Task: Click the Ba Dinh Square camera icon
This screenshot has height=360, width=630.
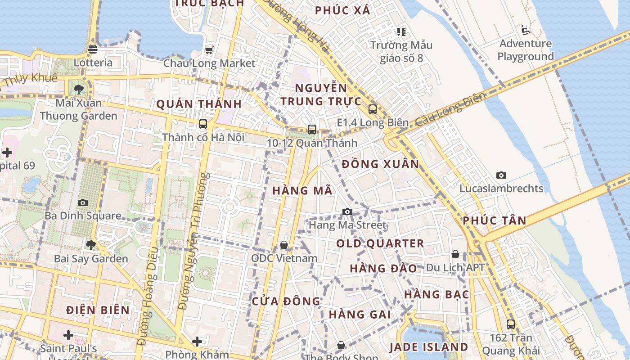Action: click(83, 203)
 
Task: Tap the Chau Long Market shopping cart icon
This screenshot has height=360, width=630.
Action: click(209, 50)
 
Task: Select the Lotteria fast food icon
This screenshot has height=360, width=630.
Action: click(93, 49)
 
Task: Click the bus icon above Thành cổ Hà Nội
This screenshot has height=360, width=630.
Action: click(203, 124)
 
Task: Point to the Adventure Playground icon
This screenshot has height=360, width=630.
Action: click(525, 30)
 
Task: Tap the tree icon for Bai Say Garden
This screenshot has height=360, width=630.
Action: click(91, 245)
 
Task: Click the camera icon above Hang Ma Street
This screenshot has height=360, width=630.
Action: click(347, 211)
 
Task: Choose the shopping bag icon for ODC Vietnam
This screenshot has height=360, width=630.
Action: click(284, 245)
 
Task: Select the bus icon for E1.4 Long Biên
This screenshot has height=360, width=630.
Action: click(373, 109)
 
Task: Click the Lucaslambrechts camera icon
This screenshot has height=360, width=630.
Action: click(501, 175)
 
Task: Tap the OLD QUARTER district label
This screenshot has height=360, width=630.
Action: click(380, 243)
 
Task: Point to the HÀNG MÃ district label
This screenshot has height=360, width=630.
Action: click(302, 190)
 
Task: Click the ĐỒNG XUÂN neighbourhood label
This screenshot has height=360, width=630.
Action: click(380, 164)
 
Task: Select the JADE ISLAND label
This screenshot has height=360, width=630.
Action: click(429, 347)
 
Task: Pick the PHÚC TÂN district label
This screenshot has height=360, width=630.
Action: click(495, 220)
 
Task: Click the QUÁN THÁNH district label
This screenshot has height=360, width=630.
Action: click(199, 104)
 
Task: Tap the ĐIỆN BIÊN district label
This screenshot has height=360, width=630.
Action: click(98, 310)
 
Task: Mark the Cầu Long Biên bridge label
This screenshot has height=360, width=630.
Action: click(451, 109)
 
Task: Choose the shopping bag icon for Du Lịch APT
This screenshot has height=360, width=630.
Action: click(455, 255)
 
